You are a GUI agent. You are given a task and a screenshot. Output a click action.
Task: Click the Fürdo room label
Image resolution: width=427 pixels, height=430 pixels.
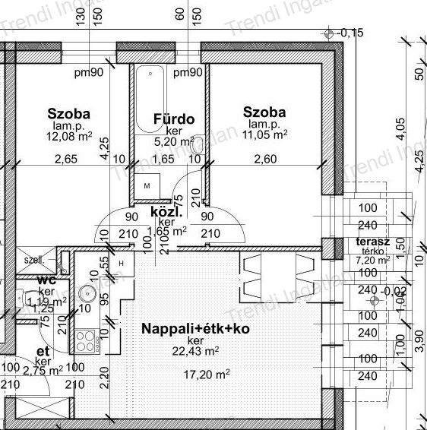(174, 119)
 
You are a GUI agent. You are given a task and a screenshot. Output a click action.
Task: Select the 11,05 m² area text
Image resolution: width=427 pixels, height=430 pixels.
(265, 134)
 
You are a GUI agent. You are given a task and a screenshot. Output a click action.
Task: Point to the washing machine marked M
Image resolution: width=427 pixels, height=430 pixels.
(147, 185)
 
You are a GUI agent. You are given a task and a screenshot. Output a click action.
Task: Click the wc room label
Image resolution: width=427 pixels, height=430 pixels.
(47, 280)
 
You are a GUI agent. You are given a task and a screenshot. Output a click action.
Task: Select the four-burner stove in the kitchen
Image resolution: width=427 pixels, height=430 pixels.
(86, 338)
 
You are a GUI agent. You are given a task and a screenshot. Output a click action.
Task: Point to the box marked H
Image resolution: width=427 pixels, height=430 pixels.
(120, 263)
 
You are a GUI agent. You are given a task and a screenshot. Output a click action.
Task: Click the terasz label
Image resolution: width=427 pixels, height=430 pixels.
(372, 242)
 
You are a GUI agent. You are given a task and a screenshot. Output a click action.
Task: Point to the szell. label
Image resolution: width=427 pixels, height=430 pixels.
(33, 259)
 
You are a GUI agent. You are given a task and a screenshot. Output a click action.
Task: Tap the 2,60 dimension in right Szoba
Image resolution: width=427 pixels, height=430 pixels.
(265, 159)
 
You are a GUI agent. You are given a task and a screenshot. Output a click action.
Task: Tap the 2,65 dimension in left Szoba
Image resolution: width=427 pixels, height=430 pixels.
(66, 159)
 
